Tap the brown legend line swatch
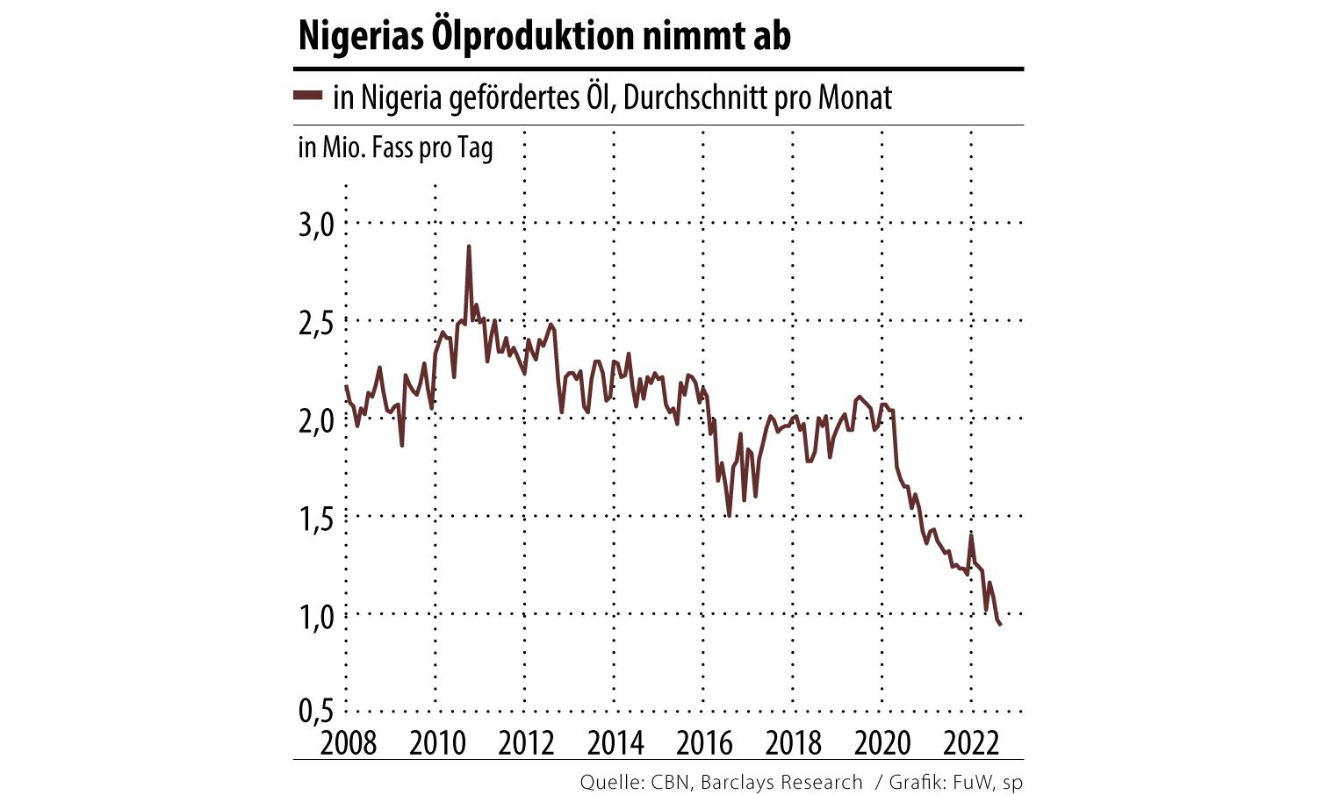point(308,96)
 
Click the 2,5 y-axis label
point(317,322)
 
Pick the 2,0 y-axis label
point(317,420)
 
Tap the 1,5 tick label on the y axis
point(317,519)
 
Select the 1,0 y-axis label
point(317,617)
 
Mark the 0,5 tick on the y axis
point(317,710)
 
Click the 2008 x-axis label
point(349,743)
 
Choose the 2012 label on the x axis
point(526,743)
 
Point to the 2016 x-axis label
point(704,743)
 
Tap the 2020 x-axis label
point(882,743)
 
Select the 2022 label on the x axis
point(971,743)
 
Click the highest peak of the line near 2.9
point(469,247)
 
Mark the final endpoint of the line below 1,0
point(1001,624)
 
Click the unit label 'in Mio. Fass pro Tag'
point(395,147)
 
